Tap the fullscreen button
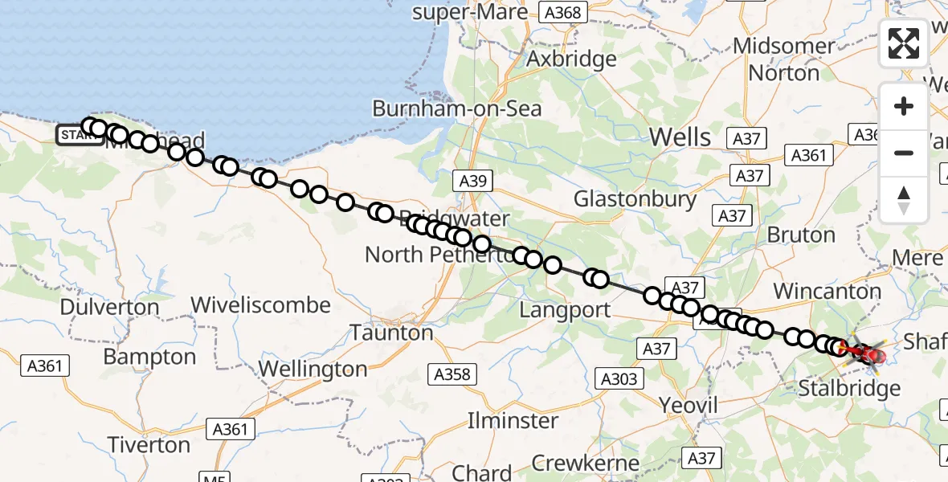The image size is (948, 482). (x=904, y=43)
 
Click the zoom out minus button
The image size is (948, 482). (x=904, y=153)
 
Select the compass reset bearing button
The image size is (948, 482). (x=904, y=199)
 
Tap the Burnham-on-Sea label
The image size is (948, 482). (x=456, y=108)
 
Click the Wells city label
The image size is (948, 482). (x=680, y=137)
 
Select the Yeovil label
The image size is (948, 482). (x=688, y=405)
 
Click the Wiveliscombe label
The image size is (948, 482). (x=260, y=305)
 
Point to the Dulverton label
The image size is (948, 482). (x=109, y=307)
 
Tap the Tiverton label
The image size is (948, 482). (x=149, y=444)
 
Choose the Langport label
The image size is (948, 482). (x=565, y=309)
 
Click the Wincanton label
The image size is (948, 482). (x=827, y=291)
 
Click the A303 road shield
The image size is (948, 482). (x=618, y=379)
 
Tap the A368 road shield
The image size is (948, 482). (x=565, y=12)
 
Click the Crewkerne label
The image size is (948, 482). (x=586, y=464)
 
